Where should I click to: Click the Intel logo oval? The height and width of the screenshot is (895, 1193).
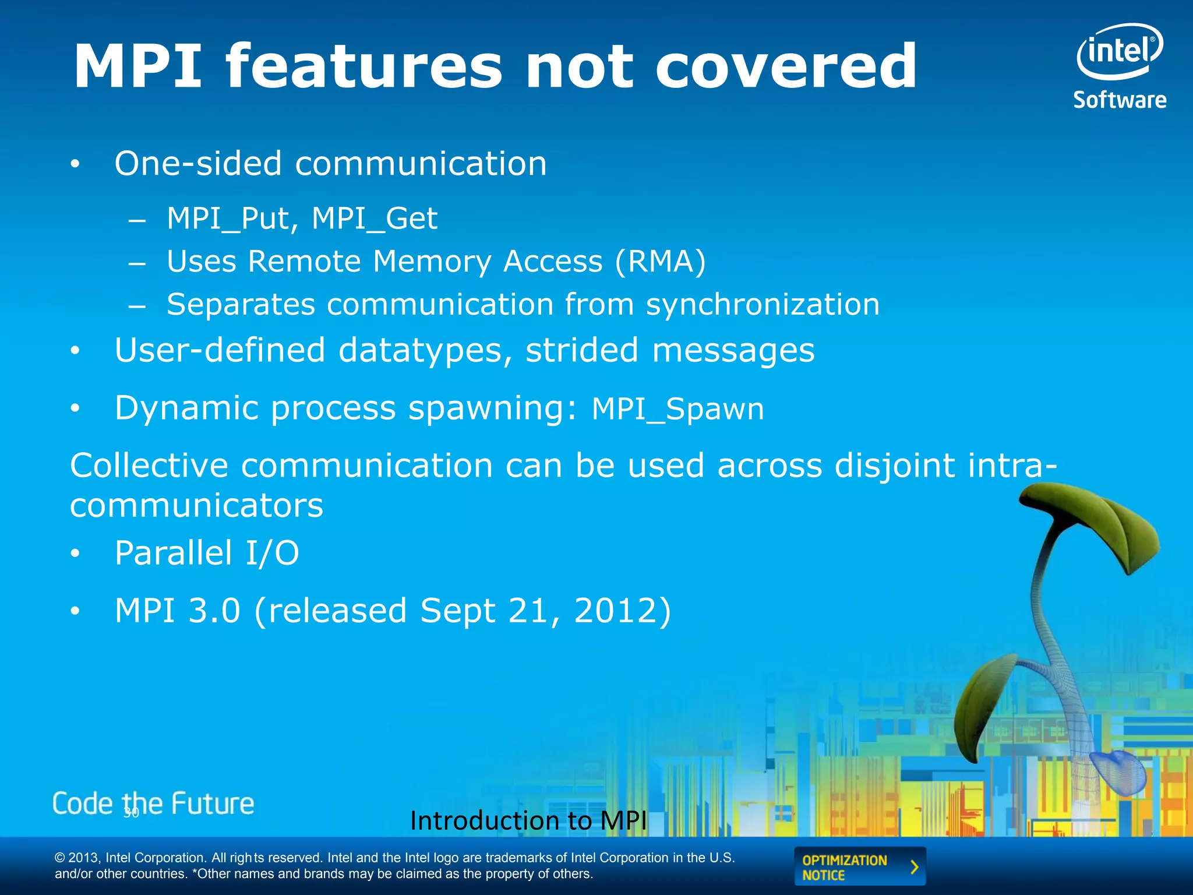[x=1119, y=51]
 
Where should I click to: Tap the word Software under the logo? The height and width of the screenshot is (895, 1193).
[x=1120, y=100]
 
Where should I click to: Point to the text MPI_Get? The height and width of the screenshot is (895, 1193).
[x=374, y=219]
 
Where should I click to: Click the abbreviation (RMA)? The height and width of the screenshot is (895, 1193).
[x=660, y=261]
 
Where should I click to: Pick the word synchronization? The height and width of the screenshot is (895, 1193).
[x=763, y=305]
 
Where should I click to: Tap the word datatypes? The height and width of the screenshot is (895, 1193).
[x=425, y=351]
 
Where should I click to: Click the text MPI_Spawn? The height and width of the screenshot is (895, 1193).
[x=677, y=409]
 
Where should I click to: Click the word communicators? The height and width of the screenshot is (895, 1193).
[x=196, y=505]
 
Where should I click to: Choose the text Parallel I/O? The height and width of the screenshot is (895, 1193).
[x=207, y=553]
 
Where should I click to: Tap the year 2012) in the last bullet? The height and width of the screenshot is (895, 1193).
[x=622, y=611]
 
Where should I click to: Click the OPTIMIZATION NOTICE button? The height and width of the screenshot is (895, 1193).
[x=859, y=867]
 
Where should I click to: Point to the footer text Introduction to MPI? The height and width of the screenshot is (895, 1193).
[x=528, y=821]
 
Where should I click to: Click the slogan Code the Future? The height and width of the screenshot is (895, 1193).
[x=153, y=804]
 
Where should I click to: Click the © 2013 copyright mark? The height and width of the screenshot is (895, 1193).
[x=59, y=858]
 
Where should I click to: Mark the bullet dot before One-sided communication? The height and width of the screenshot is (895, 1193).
[x=74, y=165]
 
